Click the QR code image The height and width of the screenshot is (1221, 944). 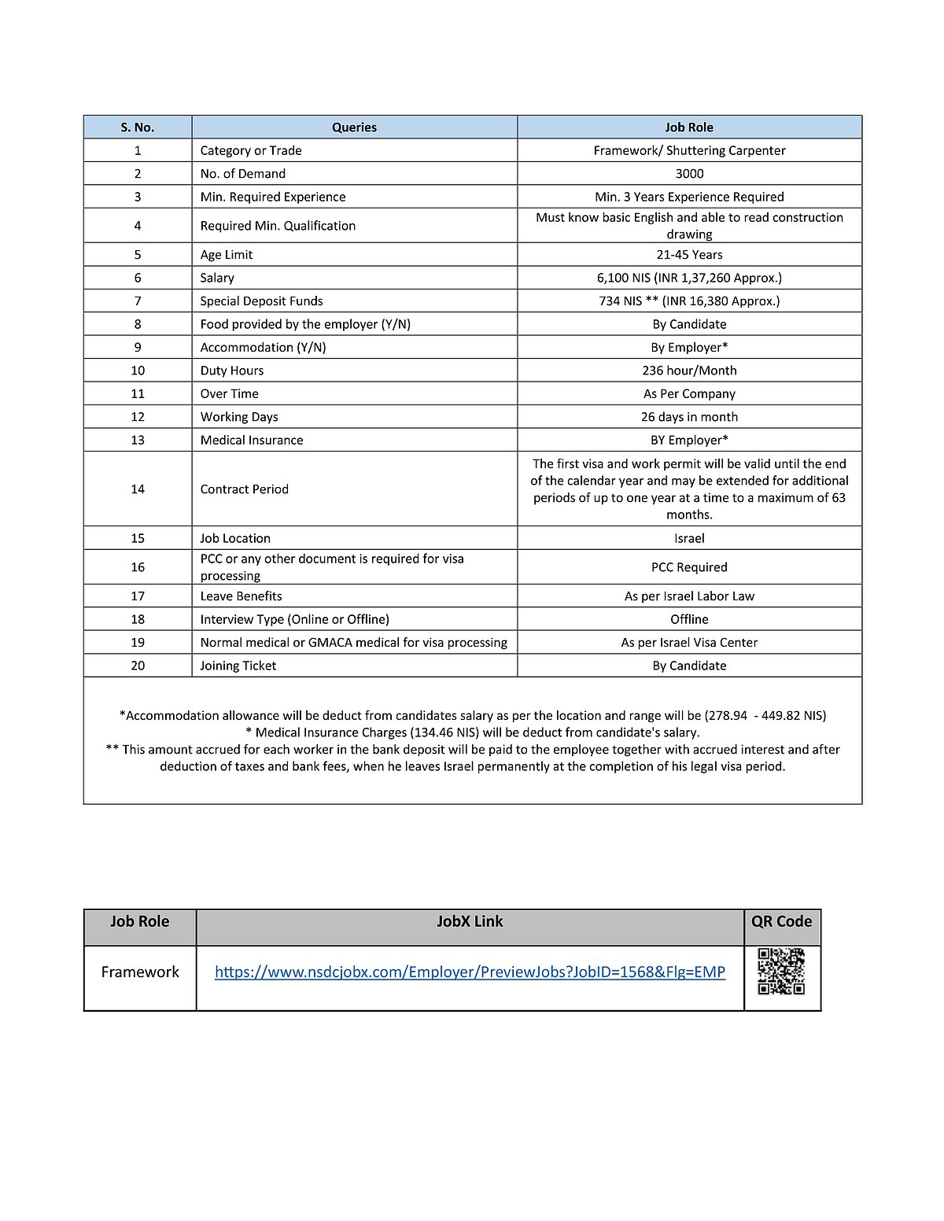(781, 972)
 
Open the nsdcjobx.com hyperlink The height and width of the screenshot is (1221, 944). (470, 972)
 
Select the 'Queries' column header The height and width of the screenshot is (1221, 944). (354, 127)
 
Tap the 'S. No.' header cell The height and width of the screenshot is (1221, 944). (138, 127)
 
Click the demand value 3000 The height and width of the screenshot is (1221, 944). (689, 174)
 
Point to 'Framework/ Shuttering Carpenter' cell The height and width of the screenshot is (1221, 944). (689, 150)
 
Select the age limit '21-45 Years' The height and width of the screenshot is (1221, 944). (689, 255)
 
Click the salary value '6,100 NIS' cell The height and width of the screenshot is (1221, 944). (689, 278)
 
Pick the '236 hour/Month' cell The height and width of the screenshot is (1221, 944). (689, 371)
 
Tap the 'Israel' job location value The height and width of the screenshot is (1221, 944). (689, 538)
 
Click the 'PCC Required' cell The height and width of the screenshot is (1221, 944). (689, 567)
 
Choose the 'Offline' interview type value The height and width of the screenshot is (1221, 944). (689, 619)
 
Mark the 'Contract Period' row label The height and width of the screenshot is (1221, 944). (244, 489)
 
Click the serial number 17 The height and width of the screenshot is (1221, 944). (138, 596)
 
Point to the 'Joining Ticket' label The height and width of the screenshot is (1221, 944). (238, 666)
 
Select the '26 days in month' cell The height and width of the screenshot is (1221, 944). (689, 417)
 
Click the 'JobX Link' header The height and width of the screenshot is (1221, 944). (470, 921)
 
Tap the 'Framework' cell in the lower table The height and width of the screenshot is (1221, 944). (140, 972)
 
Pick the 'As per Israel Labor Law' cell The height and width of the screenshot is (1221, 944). (689, 596)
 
